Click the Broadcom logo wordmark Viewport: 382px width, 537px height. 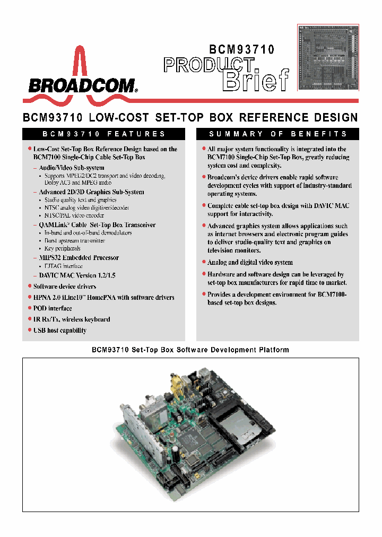[x=82, y=85]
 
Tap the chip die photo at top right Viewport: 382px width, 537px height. [x=327, y=58]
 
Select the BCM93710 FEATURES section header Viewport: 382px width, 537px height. [x=103, y=134]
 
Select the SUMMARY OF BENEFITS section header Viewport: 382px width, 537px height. [x=278, y=134]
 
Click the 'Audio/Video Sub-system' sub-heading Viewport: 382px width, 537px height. [x=72, y=168]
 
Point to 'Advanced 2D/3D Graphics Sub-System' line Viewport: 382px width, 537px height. [x=91, y=192]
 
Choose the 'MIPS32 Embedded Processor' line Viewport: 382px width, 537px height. [x=79, y=257]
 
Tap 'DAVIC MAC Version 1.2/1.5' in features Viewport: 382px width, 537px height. [x=77, y=275]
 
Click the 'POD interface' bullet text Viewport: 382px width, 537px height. [x=53, y=308]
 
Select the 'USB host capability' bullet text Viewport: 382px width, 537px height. [x=59, y=330]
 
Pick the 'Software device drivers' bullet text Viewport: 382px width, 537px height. [x=65, y=286]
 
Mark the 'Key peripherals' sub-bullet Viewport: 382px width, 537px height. [x=62, y=248]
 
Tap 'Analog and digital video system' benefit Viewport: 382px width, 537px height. [x=250, y=262]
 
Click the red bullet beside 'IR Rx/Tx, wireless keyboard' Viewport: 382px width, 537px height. [x=30, y=319]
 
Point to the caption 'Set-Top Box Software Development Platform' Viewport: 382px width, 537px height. [x=190, y=350]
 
